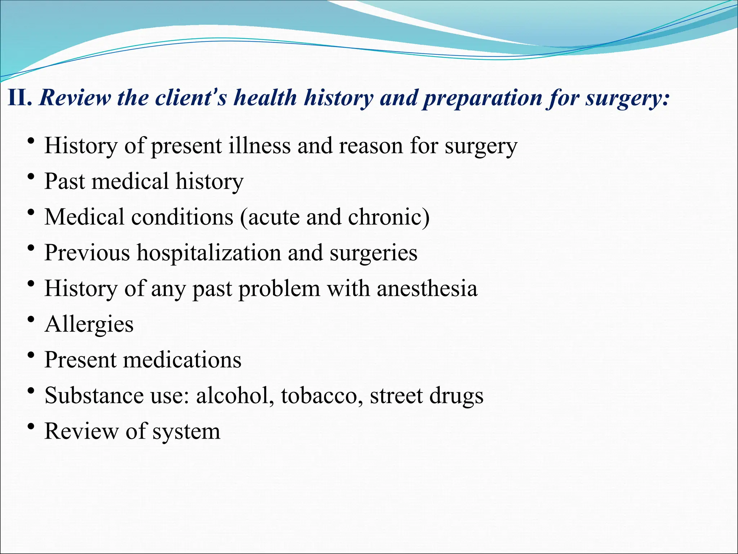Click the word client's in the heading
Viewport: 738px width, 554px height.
(x=191, y=98)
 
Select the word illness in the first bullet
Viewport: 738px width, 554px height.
(x=259, y=146)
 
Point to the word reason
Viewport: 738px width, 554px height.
(x=371, y=146)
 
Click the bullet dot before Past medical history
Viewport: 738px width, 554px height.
(x=31, y=177)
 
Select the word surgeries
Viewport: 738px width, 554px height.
(x=373, y=252)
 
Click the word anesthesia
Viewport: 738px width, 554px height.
(x=427, y=288)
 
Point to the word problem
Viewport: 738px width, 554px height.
(x=279, y=288)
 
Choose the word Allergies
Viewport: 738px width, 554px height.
(x=89, y=324)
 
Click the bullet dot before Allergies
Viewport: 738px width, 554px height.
(x=31, y=320)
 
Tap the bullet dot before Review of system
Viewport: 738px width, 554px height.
(x=31, y=427)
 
